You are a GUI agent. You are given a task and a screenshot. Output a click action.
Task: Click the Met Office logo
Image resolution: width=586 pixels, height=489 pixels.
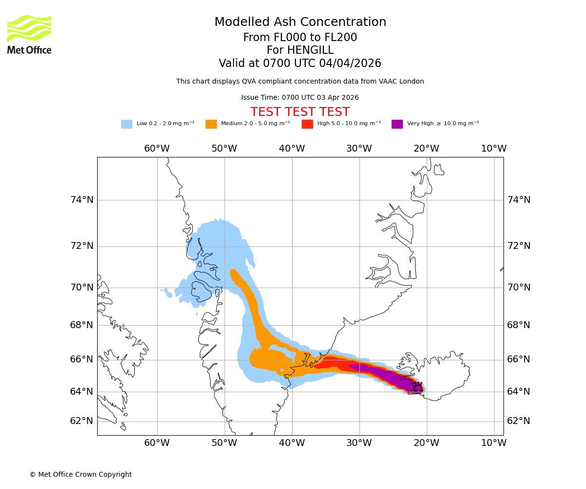click(29, 34)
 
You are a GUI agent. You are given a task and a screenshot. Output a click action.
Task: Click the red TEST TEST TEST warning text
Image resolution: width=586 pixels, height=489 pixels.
click(300, 112)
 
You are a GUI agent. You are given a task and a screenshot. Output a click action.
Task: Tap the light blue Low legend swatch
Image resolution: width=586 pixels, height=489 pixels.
click(126, 124)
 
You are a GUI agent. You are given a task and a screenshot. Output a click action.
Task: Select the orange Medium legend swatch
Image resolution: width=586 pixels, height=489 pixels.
click(211, 124)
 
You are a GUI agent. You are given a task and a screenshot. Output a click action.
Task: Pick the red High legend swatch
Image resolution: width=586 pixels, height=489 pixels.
click(307, 124)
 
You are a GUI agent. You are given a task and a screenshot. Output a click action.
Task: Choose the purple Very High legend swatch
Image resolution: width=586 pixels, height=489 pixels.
click(397, 124)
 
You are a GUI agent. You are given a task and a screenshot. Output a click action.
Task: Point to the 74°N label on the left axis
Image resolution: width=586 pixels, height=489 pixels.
click(82, 200)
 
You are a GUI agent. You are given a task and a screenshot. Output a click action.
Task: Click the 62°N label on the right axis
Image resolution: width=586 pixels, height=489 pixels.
click(519, 421)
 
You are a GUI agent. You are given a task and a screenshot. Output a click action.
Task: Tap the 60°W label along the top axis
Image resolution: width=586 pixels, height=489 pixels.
click(157, 149)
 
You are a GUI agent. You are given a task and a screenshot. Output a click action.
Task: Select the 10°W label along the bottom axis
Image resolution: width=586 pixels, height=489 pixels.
click(494, 443)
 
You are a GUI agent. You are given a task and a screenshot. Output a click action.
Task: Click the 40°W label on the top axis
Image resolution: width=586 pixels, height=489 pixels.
click(292, 149)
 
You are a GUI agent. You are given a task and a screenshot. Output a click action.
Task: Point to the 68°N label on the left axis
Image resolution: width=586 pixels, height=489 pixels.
click(82, 325)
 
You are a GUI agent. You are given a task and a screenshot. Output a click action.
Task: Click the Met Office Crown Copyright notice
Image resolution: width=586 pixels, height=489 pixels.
click(81, 474)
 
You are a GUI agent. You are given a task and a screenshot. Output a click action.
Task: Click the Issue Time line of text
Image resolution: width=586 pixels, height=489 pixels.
click(300, 97)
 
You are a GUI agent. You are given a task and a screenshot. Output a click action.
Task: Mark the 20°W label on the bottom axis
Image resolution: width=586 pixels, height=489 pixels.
click(426, 443)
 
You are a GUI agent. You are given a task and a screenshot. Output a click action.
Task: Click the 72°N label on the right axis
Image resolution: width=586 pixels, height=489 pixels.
click(519, 246)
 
